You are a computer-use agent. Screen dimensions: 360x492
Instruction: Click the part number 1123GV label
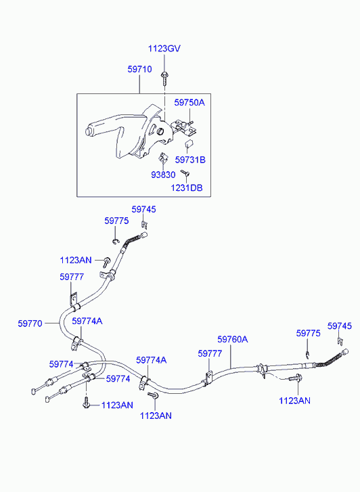164,49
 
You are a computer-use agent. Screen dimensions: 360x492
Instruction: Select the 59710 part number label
139,69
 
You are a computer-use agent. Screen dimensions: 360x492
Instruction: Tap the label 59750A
189,103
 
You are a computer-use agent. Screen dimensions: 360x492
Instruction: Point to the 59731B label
190,160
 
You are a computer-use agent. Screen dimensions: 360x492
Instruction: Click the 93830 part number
163,175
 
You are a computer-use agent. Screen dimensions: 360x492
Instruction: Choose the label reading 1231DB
187,187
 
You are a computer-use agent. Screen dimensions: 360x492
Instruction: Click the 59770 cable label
30,323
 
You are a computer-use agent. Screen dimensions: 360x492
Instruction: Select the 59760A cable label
233,339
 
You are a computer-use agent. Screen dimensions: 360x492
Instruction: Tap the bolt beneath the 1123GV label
164,79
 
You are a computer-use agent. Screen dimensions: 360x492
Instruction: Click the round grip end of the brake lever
89,131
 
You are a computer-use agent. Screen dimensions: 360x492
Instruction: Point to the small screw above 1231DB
185,173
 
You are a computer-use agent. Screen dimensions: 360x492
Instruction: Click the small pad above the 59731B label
188,144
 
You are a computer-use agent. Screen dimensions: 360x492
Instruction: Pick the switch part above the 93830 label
162,158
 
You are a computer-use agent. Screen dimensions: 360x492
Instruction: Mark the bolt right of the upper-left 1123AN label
107,261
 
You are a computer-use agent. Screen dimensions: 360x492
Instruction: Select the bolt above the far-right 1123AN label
294,378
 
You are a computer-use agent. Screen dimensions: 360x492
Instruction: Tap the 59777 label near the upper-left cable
72,277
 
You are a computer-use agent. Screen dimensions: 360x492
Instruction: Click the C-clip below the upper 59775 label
116,241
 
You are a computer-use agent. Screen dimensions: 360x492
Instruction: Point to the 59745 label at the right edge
340,326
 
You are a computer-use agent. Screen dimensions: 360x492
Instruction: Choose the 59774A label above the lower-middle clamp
152,360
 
